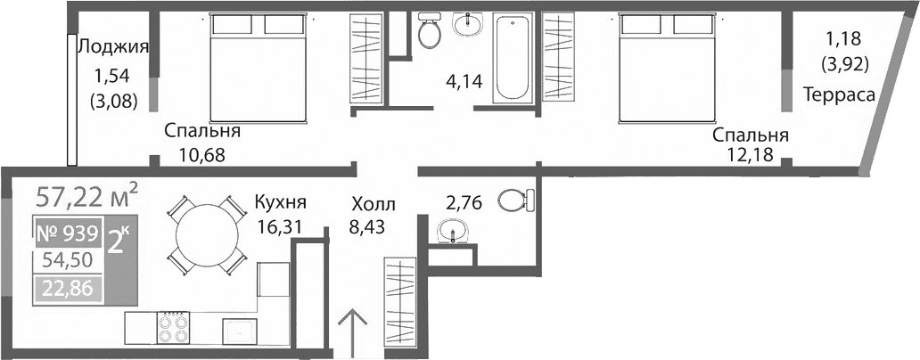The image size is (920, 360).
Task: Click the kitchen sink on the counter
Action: [240, 330]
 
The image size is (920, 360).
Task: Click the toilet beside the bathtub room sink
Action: [430, 31]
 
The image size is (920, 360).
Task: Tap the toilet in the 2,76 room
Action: [513, 200]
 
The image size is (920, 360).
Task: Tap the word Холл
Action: [372, 205]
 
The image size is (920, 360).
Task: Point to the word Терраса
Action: [838, 95]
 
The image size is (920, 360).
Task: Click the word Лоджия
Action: [113, 47]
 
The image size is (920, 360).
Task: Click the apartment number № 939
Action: [68, 234]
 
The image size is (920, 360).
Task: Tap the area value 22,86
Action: [68, 288]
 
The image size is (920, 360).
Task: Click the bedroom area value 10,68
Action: [201, 154]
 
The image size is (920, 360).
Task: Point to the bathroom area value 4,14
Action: [464, 83]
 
